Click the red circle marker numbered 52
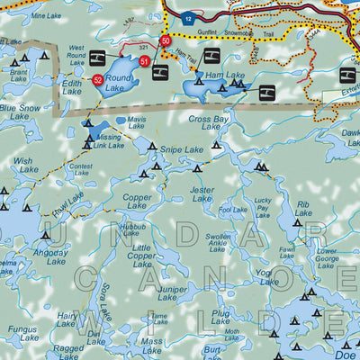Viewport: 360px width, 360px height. point(97,80)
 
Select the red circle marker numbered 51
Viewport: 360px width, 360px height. point(145,60)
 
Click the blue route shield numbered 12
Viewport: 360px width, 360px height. point(187,18)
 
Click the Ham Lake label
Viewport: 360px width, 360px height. point(210,76)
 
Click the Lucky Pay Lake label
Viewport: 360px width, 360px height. point(262,208)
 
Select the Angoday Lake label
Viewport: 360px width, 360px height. point(50,256)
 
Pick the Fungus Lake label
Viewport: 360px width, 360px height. point(21,334)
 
